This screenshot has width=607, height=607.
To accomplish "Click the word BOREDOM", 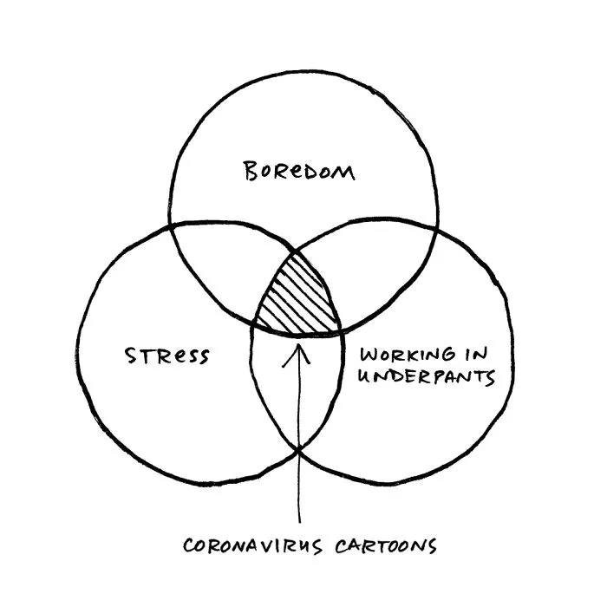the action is click(x=299, y=172).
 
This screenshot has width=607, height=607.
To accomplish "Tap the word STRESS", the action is click(x=166, y=356).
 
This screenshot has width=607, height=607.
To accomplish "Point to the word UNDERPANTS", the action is click(x=427, y=376).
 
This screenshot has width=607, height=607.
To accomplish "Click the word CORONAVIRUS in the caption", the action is click(x=252, y=545).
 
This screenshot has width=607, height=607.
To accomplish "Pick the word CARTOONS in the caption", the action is click(x=386, y=546).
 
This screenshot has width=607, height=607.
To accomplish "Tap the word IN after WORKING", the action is click(x=477, y=354).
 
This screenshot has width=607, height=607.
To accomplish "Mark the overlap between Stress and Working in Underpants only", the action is click(x=297, y=391).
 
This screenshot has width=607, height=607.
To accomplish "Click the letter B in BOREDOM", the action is click(x=251, y=171).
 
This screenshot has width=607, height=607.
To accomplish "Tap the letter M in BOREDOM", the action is click(x=343, y=173).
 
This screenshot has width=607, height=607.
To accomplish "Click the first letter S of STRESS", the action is click(x=131, y=356).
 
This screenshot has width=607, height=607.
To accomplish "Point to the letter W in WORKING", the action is click(x=369, y=354).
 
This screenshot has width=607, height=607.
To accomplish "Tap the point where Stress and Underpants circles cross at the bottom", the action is click(x=299, y=449).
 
